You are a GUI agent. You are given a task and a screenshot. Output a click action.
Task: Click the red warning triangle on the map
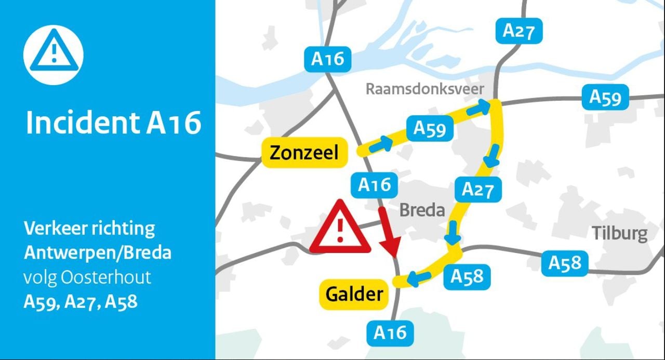click(x=340, y=229)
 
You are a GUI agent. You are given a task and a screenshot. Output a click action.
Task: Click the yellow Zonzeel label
click(x=304, y=153)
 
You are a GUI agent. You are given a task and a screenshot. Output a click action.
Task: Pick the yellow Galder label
click(x=354, y=295)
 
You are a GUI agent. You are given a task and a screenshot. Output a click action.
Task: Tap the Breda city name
click(x=422, y=210)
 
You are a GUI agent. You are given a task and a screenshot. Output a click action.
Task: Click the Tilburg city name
click(x=620, y=234)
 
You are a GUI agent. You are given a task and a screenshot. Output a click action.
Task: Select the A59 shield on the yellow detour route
click(x=430, y=128)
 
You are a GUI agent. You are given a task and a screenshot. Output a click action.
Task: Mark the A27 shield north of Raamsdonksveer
click(x=518, y=31)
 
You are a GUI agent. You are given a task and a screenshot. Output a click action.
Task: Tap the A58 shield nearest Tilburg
click(x=565, y=263)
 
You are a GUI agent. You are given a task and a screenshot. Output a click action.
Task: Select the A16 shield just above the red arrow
click(x=375, y=185)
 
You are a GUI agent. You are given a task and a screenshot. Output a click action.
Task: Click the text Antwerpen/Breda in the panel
click(x=98, y=253)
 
